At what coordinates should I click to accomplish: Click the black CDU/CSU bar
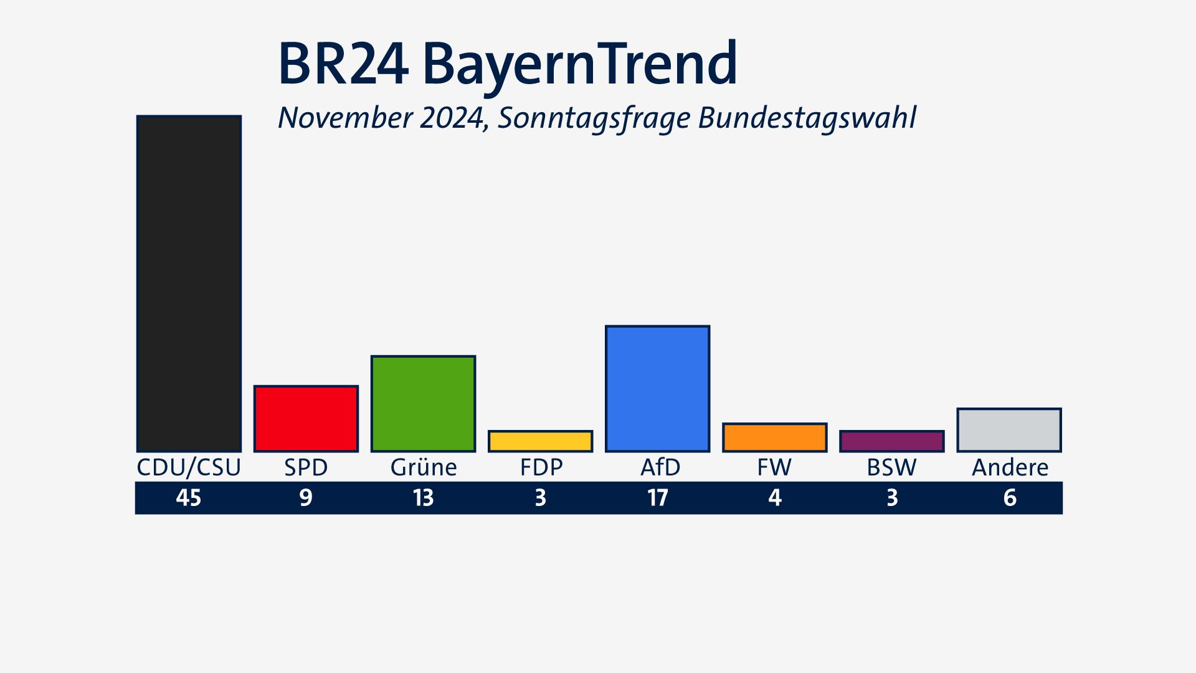(189, 284)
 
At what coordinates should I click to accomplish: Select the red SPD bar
(306, 419)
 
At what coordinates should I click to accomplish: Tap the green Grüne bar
(423, 404)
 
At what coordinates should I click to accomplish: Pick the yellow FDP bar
(540, 441)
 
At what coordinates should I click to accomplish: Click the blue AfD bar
(657, 389)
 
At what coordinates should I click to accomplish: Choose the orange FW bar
(774, 437)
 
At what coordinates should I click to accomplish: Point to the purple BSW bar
(891, 441)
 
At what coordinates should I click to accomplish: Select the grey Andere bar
(1009, 430)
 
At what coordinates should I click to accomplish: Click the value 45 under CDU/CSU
(189, 498)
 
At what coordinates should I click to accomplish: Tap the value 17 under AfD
(657, 498)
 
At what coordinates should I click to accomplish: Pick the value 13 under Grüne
(423, 498)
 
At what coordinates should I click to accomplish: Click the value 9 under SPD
(306, 498)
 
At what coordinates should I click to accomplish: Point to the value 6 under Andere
(1010, 498)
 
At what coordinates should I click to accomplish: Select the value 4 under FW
(774, 498)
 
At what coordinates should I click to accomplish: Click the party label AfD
(660, 467)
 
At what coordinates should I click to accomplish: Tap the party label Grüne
(424, 467)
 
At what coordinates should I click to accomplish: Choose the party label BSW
(891, 467)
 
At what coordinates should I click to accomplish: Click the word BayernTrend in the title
(579, 64)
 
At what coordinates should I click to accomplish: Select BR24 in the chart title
(343, 64)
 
